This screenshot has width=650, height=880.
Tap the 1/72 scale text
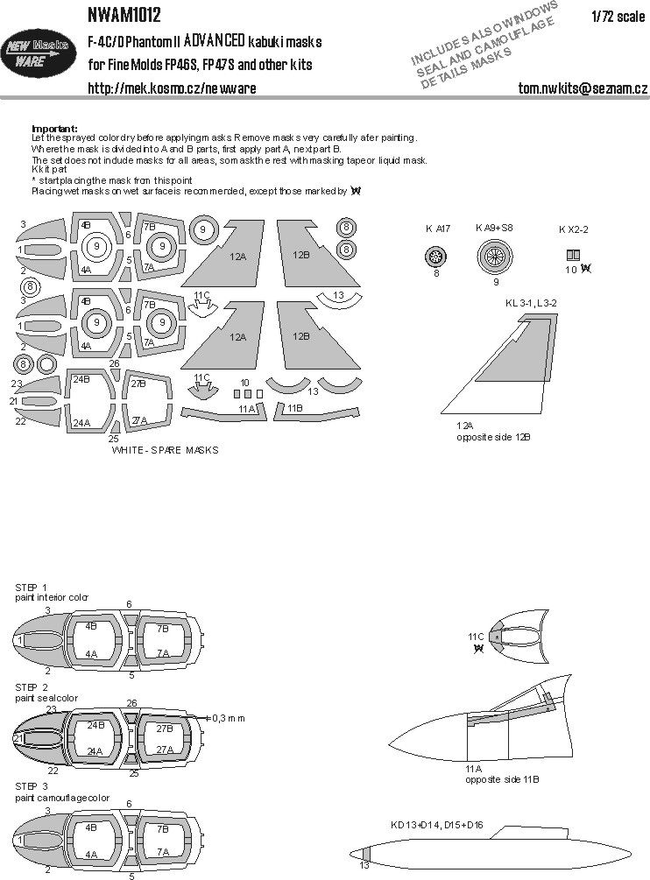(x=614, y=13)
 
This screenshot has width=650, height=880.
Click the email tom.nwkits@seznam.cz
(x=583, y=89)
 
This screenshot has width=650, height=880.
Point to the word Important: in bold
(x=54, y=128)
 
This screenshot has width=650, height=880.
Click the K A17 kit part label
(x=436, y=229)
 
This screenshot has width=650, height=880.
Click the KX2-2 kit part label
(x=574, y=229)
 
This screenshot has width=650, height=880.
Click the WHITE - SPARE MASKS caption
(x=166, y=450)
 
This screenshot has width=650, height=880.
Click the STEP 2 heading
(x=32, y=687)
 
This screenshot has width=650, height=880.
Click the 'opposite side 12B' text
(x=493, y=435)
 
